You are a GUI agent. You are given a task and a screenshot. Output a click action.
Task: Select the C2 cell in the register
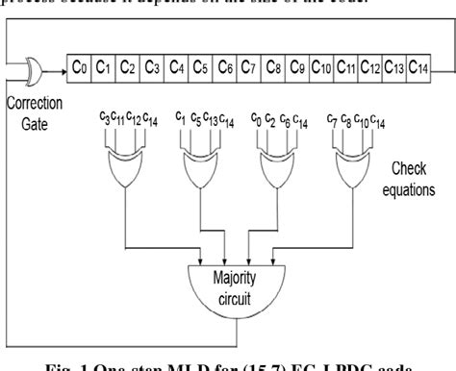pyautogui.click(x=127, y=66)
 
